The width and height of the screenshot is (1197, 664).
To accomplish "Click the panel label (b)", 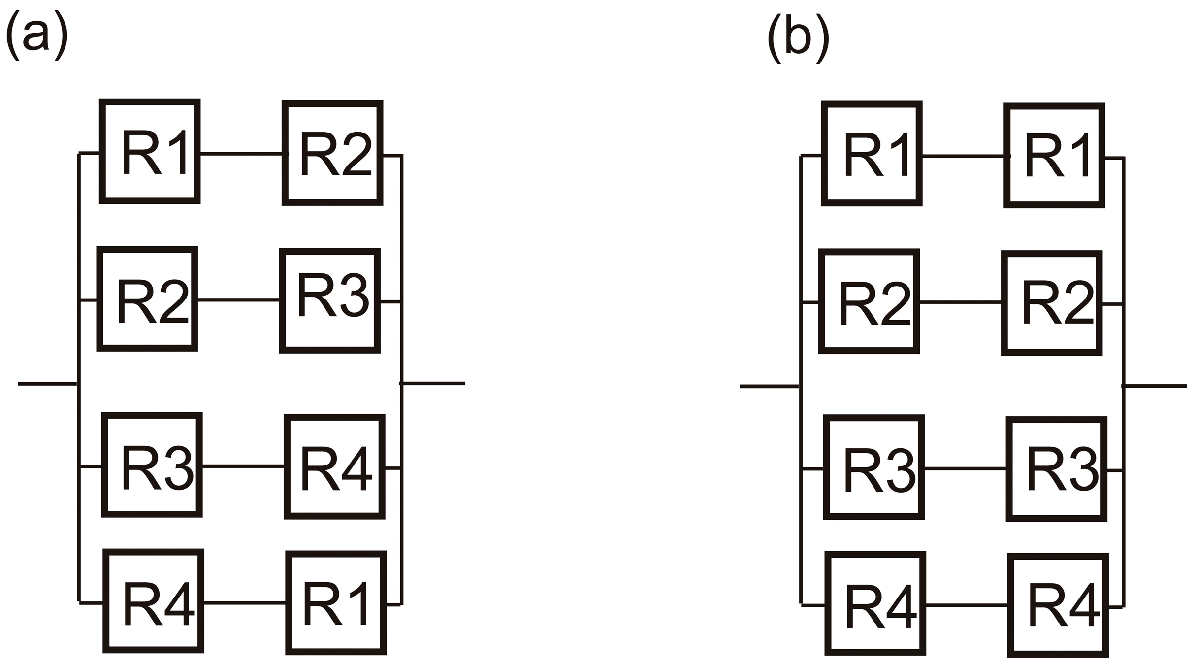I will click(x=798, y=38).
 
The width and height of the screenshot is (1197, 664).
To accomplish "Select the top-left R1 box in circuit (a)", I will click(x=150, y=151).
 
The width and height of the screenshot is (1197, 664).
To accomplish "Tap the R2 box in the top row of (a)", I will click(x=332, y=153).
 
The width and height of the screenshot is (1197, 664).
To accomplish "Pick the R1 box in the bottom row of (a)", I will click(x=336, y=603).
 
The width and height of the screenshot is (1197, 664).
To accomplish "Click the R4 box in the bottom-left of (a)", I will click(x=153, y=601).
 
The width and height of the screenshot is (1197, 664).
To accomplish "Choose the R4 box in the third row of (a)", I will click(x=334, y=466).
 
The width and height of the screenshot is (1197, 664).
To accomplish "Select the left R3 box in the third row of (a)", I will click(x=152, y=465).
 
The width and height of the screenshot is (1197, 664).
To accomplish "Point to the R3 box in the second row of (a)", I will click(x=329, y=300).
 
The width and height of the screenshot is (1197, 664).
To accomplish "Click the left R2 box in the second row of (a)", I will click(x=147, y=299).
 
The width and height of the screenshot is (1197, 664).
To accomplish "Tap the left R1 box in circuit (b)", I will click(x=872, y=154).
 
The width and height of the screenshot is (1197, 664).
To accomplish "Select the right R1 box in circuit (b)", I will click(x=1054, y=156).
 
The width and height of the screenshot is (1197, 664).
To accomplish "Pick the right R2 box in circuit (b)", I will click(x=1052, y=303).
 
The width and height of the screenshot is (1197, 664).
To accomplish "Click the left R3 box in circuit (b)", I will click(x=874, y=467).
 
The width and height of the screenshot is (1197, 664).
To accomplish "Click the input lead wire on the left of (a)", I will click(x=47, y=384).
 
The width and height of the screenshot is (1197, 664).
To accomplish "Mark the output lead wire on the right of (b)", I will click(x=1157, y=386).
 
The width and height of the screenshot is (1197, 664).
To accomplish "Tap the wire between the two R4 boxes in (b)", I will click(x=967, y=605).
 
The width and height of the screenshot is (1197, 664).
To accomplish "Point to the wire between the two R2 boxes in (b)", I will click(x=960, y=302).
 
